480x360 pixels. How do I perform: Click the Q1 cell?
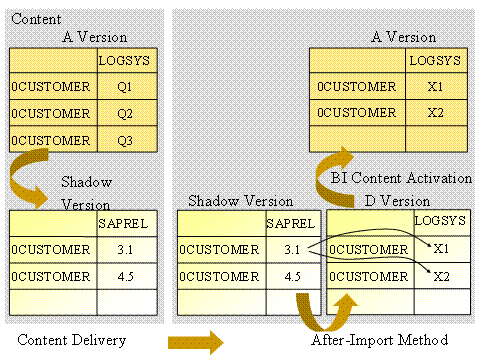[125, 87]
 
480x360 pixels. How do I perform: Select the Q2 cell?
[125, 113]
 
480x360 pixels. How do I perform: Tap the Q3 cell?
[125, 139]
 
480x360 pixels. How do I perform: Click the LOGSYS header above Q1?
[125, 61]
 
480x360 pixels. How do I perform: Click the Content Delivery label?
[72, 341]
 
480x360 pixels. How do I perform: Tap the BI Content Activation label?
[400, 178]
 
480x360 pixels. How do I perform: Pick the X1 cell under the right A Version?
[434, 87]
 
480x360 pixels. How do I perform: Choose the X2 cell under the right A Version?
[434, 113]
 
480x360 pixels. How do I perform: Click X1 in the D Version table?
[442, 247]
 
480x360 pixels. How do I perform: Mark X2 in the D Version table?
[442, 275]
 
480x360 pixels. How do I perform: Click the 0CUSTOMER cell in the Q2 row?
[51, 113]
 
